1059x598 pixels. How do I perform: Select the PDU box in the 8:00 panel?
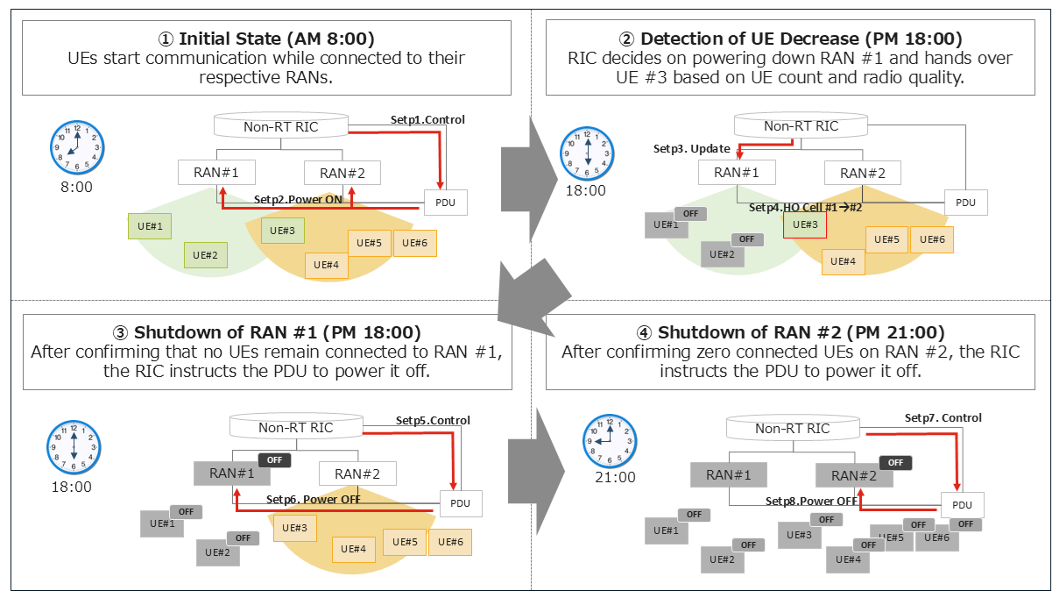(446, 203)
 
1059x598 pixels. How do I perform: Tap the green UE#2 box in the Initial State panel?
(205, 255)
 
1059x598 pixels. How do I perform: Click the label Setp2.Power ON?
(298, 199)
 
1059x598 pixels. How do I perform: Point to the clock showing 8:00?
(77, 148)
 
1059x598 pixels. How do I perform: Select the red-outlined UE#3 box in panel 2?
(805, 224)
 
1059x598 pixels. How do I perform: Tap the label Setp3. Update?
(691, 149)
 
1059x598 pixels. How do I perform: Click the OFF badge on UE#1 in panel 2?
(691, 213)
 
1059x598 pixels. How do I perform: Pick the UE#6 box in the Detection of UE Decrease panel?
(932, 239)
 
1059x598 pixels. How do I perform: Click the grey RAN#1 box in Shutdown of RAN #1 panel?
(231, 473)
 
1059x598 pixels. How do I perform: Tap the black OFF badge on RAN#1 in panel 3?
(274, 460)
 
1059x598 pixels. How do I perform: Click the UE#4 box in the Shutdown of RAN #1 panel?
(353, 549)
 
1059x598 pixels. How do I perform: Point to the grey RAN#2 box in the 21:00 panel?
(854, 475)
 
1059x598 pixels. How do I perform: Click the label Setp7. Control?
(943, 418)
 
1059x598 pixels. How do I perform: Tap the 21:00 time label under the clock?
(615, 478)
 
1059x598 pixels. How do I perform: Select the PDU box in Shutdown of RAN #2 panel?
(962, 505)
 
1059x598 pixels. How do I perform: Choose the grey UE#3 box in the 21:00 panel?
(798, 535)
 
